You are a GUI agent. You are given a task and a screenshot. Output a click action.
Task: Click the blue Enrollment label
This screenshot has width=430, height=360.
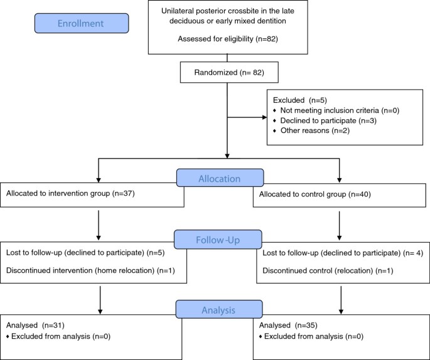point(82,23)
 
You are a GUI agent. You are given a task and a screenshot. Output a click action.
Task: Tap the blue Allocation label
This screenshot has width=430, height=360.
point(220,178)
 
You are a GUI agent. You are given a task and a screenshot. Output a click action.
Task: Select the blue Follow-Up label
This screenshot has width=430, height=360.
point(218,240)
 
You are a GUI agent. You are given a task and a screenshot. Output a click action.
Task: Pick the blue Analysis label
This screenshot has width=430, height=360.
point(219,309)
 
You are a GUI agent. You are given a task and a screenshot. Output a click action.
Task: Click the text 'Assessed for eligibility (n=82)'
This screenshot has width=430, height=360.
point(228,39)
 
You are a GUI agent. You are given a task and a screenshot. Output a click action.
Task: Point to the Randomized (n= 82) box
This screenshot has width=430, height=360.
point(229,72)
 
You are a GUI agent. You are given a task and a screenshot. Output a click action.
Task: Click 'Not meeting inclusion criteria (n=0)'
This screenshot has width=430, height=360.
point(340,110)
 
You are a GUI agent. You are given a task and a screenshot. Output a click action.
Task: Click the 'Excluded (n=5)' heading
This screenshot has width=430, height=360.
point(300,100)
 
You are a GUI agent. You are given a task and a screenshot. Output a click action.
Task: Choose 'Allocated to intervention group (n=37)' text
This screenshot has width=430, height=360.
point(70,193)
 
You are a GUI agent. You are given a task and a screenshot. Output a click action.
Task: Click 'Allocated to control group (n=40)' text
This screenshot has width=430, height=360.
point(315,194)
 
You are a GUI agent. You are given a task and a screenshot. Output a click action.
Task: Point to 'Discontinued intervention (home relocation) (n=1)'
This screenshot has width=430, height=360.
point(90,271)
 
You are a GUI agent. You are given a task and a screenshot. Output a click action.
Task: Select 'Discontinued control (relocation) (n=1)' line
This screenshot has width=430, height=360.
point(328,271)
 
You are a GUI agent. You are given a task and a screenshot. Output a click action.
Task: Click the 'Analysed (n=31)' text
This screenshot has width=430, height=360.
point(35,326)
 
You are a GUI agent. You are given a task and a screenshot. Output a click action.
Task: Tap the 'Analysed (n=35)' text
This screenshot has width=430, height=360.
point(288,326)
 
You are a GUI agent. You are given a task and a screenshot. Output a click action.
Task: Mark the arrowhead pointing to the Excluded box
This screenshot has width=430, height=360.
point(265,117)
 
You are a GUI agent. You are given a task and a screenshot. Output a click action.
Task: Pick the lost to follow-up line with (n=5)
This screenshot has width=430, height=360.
point(85,253)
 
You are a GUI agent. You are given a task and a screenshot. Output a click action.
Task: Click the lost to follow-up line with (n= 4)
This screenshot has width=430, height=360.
point(343,253)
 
